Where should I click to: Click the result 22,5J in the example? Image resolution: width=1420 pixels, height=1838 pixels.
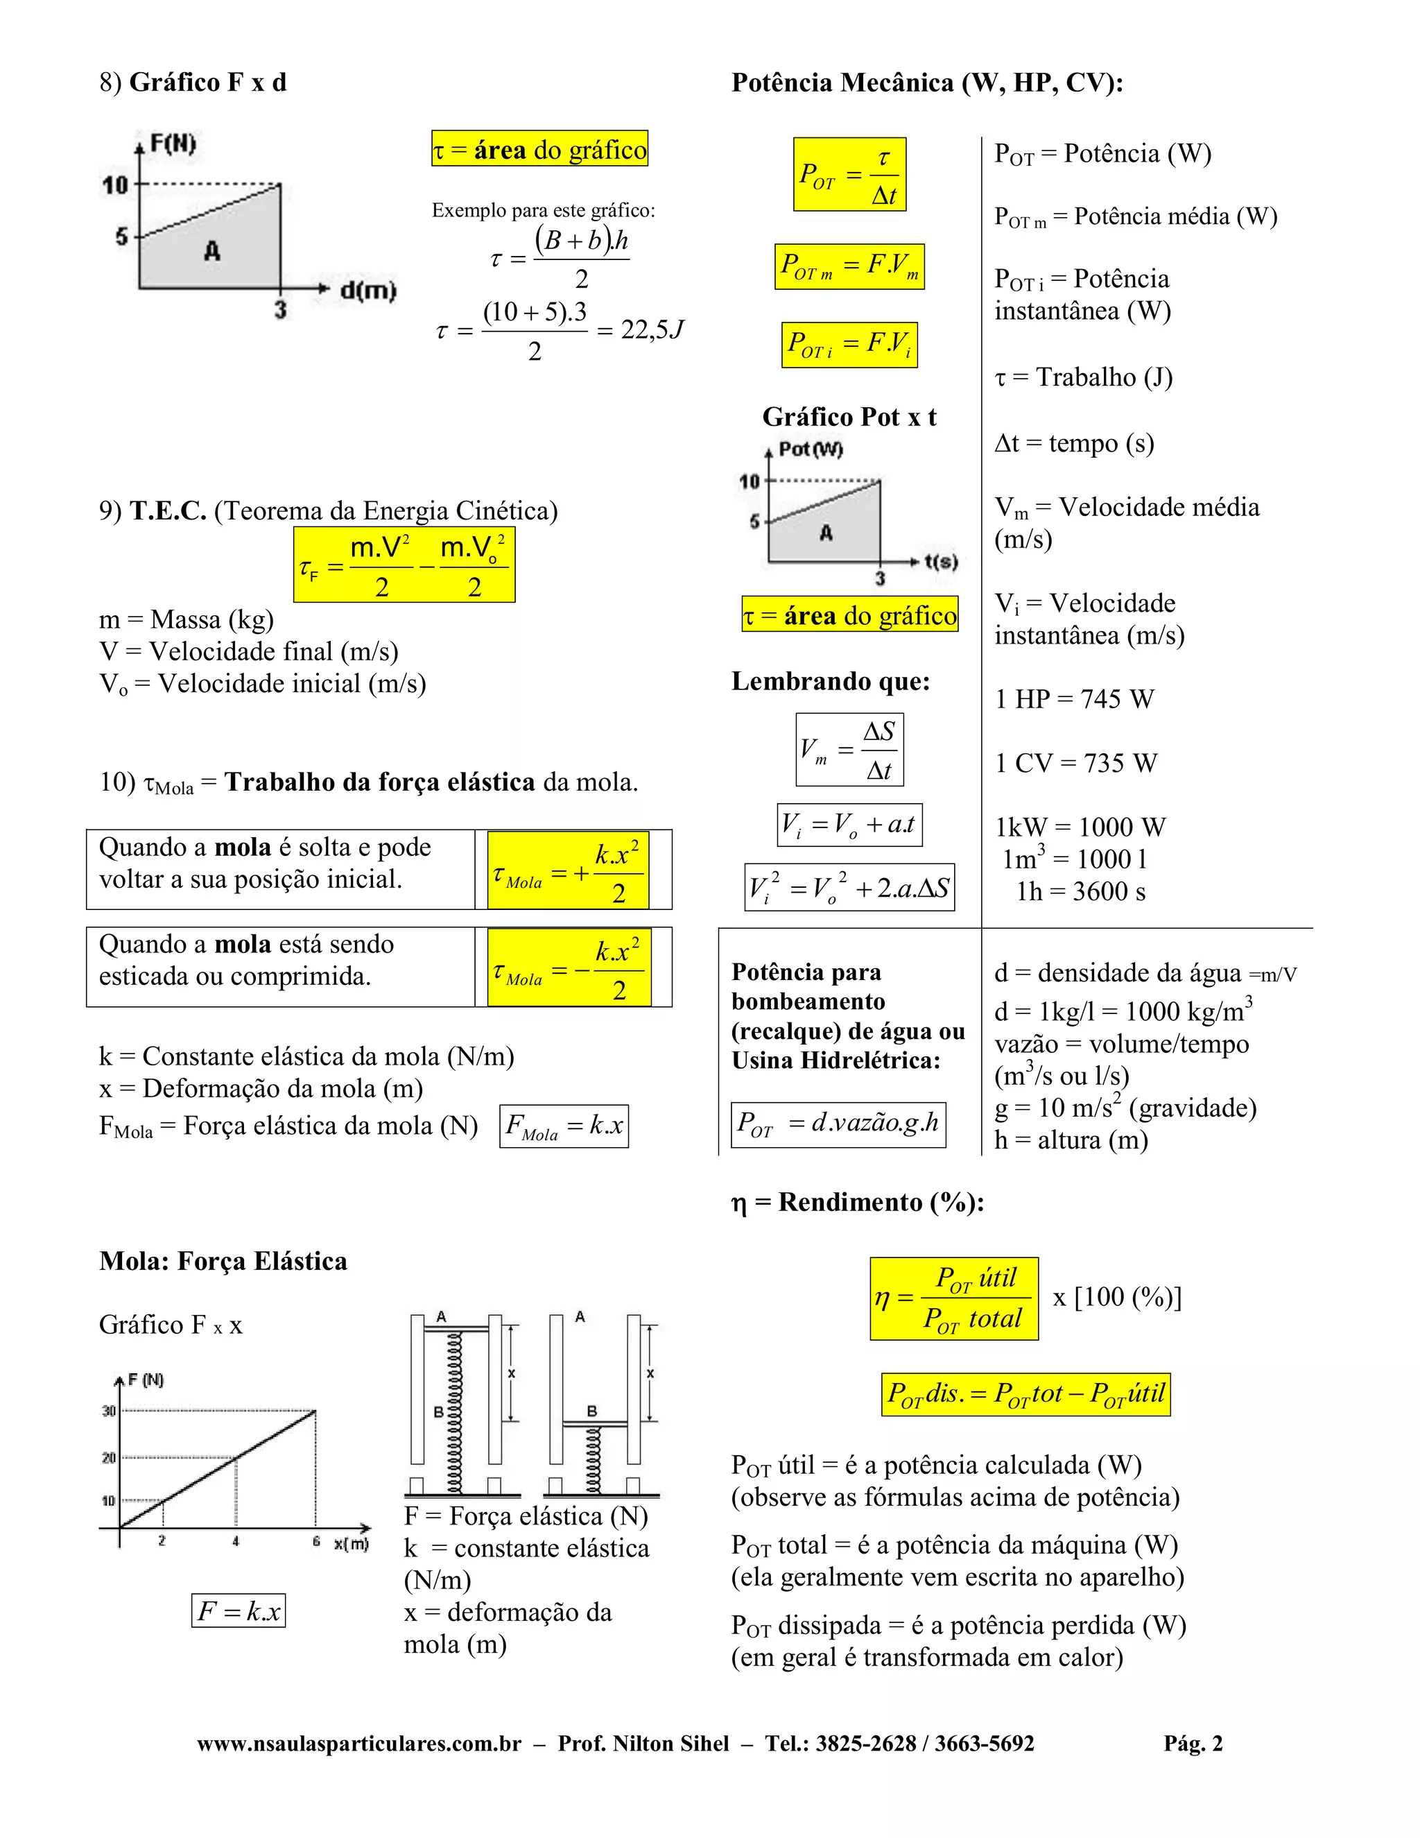(x=652, y=330)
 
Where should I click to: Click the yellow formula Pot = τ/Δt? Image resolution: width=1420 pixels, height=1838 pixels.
(x=849, y=174)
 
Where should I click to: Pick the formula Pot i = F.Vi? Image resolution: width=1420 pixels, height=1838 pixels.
(x=849, y=345)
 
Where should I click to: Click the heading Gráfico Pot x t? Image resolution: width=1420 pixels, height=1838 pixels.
(x=849, y=418)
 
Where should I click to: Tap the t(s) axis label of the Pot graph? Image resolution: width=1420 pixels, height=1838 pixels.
(x=940, y=561)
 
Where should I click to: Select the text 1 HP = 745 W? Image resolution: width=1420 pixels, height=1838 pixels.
(x=1074, y=699)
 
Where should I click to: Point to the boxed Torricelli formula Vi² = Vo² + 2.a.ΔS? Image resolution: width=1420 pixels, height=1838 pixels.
(x=849, y=887)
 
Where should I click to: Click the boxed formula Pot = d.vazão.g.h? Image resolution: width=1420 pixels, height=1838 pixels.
(x=838, y=1124)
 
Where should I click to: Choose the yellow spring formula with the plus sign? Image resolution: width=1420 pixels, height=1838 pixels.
(x=568, y=870)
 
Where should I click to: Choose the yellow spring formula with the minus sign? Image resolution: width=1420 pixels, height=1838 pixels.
(x=568, y=968)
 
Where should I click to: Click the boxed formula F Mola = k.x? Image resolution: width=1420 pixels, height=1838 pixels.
(x=564, y=1126)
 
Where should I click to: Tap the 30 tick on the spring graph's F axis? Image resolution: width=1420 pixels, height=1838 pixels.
(x=110, y=1411)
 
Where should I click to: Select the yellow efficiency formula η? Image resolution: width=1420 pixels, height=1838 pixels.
(x=953, y=1298)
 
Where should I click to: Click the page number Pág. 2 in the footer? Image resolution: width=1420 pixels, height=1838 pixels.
(x=1193, y=1744)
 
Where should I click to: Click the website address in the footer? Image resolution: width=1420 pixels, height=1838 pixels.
(x=359, y=1744)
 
